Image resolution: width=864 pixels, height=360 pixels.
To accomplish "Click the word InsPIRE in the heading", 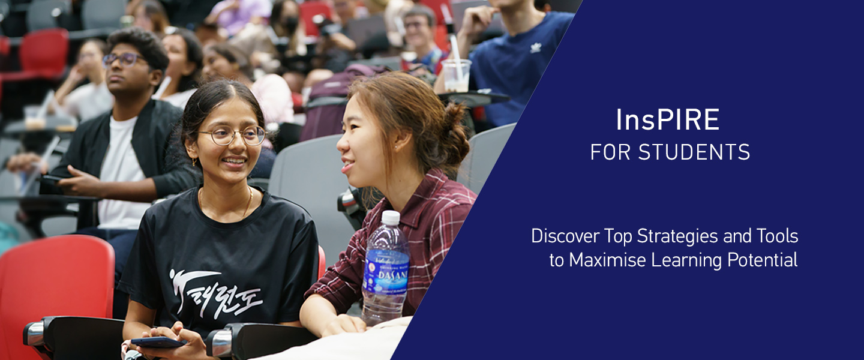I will pyautogui.click(x=667, y=120).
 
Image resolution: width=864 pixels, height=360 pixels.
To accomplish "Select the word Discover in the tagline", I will pyautogui.click(x=566, y=236).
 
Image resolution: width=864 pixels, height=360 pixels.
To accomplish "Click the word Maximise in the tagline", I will pyautogui.click(x=607, y=260).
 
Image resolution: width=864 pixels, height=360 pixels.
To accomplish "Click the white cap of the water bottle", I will pyautogui.click(x=391, y=217).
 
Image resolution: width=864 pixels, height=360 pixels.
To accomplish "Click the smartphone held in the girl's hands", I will pyautogui.click(x=157, y=343).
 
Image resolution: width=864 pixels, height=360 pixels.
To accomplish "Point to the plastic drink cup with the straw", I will pyautogui.click(x=456, y=74).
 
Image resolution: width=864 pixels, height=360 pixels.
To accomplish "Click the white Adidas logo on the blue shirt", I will pyautogui.click(x=535, y=47).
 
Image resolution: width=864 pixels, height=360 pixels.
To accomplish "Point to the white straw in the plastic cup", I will pyautogui.click(x=454, y=45).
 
